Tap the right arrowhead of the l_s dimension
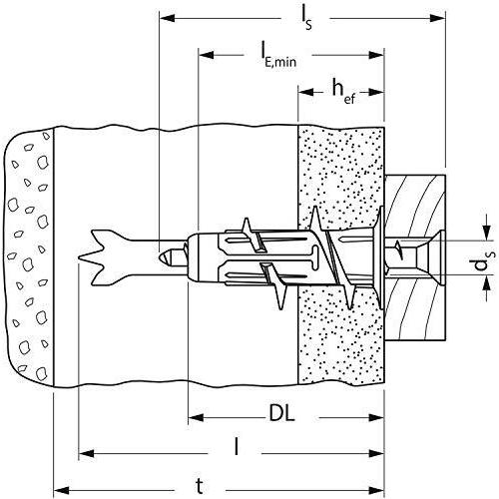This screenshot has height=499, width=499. [x=439, y=17]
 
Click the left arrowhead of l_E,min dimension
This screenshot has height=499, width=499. [x=205, y=51]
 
